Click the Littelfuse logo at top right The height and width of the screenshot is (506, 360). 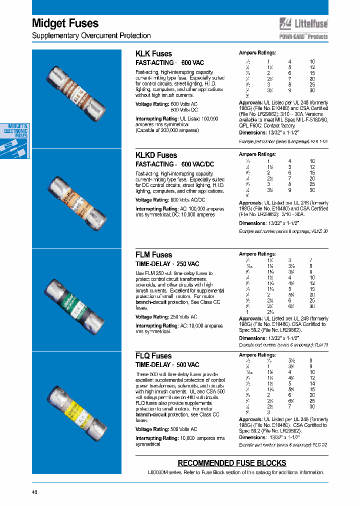303,23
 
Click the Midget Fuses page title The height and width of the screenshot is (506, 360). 65,23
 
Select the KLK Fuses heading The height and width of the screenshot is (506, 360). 153,53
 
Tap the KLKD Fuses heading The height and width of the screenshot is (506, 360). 156,155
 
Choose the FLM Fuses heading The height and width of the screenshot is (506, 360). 153,254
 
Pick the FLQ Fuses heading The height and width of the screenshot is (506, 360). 153,355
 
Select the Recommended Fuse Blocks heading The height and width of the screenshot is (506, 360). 232,463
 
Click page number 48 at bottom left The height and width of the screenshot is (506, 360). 34,491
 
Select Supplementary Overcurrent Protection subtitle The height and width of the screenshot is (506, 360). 91,35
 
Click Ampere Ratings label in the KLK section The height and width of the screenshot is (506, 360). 257,53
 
